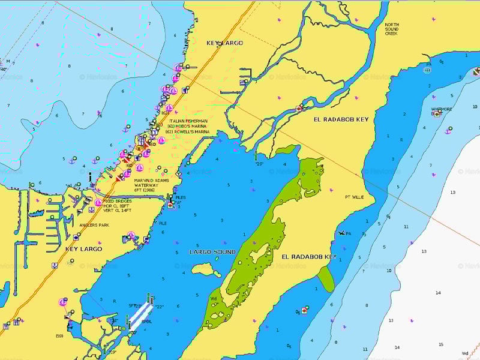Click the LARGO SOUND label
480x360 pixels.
coord(212,252)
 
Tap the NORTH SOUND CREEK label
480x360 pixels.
coord(391,29)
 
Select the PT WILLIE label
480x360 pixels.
coord(354,197)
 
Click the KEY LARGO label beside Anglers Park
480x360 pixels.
coord(83,248)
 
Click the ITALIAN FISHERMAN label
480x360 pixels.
coord(188,121)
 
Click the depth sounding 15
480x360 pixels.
coord(441,344)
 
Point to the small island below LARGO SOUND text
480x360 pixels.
coord(206,269)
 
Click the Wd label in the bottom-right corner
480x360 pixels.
coord(465,353)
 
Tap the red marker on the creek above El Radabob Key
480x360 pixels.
coord(299,109)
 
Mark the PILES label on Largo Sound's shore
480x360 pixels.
coord(180,197)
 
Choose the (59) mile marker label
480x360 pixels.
coord(59,335)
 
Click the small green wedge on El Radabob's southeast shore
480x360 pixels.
coord(326,279)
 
